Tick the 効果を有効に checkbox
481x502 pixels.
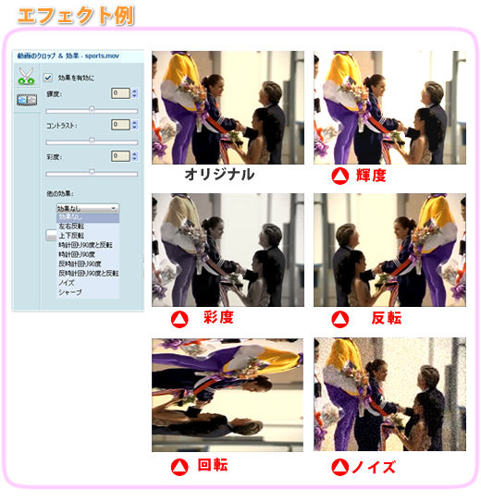pyautogui.click(x=47, y=77)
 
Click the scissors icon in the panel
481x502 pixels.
pyautogui.click(x=26, y=78)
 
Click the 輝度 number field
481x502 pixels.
pyautogui.click(x=119, y=93)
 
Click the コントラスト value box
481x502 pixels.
pyautogui.click(x=119, y=125)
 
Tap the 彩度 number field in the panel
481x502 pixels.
pyautogui.click(x=119, y=156)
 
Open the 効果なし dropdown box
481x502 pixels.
pyautogui.click(x=87, y=209)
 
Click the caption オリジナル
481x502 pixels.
pyautogui.click(x=219, y=175)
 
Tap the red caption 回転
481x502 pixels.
pyautogui.click(x=214, y=464)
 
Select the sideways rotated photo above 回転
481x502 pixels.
pyautogui.click(x=228, y=394)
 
